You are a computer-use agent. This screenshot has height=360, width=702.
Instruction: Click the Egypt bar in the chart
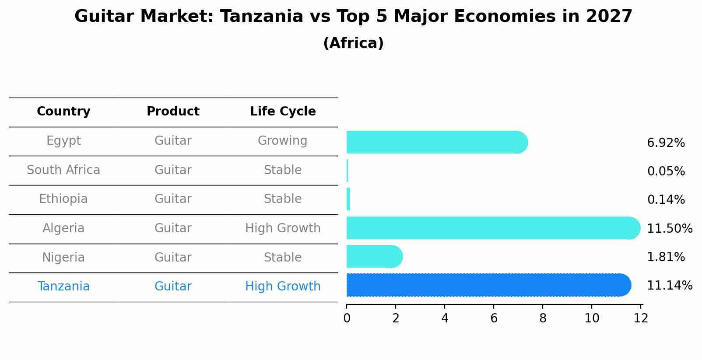coord(437,142)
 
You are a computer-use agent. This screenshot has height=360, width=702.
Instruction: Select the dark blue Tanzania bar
coord(489,285)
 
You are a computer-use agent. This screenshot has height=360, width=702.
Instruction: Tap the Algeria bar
coord(494,228)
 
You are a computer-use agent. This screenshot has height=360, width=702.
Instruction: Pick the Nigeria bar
coord(375,256)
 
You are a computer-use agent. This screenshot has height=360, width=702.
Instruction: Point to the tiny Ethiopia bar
coord(348,199)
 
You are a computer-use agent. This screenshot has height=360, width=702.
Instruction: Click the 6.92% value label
coord(666,143)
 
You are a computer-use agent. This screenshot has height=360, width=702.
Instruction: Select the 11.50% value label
coord(670,228)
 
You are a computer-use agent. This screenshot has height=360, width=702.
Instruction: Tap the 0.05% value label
coord(666,171)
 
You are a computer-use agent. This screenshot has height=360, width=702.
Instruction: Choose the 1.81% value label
coord(666,257)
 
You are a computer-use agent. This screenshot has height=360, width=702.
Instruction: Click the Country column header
coord(63,112)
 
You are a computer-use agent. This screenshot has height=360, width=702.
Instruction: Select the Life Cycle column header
coord(283,112)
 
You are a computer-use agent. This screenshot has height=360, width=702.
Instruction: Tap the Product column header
coord(173,111)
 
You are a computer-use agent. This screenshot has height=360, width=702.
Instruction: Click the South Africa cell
coord(63,170)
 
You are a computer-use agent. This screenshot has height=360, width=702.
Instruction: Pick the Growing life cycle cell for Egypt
coord(283,141)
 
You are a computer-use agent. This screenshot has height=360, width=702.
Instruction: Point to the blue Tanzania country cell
coord(63,286)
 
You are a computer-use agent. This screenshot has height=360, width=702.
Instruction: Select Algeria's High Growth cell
coord(283,228)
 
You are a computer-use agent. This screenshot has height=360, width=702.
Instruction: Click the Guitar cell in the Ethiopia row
coord(173,199)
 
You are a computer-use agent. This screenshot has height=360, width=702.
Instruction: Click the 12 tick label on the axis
coord(641,318)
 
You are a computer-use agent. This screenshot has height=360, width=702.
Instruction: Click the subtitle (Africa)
coord(354,43)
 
